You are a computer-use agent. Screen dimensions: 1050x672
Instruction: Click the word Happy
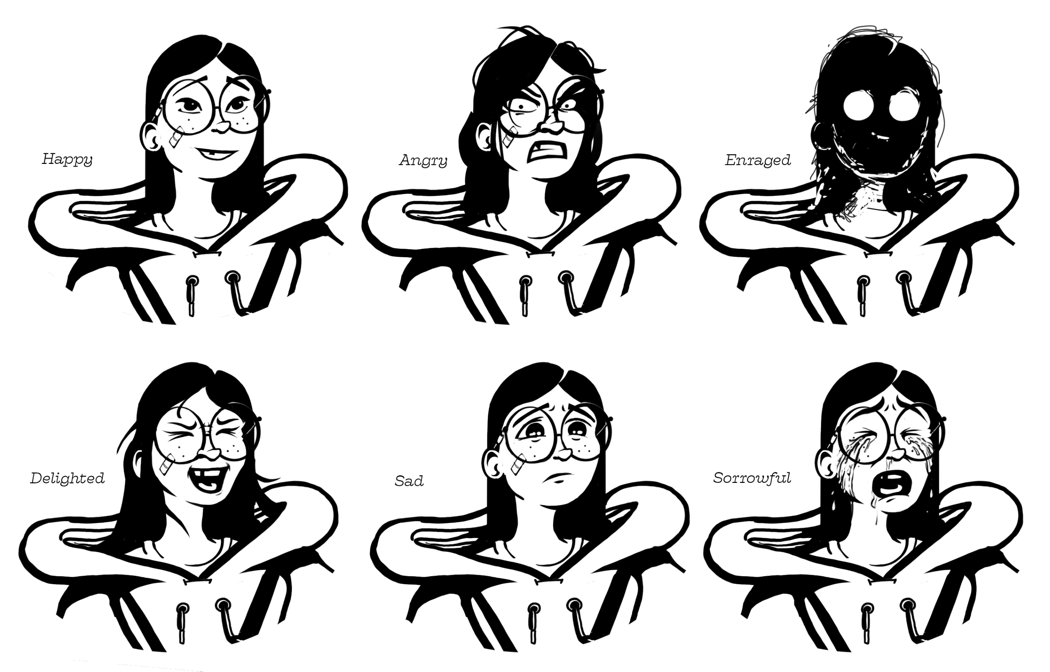[x=67, y=159]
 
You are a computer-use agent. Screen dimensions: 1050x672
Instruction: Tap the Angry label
[x=423, y=161]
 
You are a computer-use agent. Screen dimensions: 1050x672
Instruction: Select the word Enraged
[x=758, y=160]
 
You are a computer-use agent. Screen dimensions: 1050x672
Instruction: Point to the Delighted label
[x=67, y=479]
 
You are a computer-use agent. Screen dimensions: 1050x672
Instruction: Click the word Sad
[x=409, y=481]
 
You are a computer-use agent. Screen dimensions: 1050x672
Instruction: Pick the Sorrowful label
[x=752, y=478]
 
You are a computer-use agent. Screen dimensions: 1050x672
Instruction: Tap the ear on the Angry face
[x=484, y=136]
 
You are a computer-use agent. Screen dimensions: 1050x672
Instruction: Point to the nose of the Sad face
[x=563, y=454]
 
